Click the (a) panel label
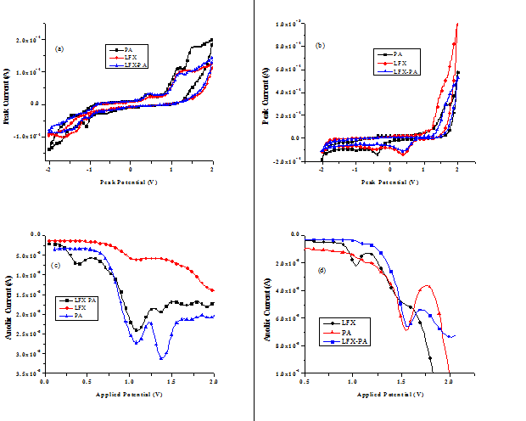59,48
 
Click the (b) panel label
321,44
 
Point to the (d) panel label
319,271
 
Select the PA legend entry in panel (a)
128,50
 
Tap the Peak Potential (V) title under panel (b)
390,182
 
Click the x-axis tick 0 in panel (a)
131,171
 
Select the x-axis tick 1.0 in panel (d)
352,383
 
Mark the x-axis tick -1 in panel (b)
356,171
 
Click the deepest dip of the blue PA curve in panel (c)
160,359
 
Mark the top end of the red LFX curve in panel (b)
457,24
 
